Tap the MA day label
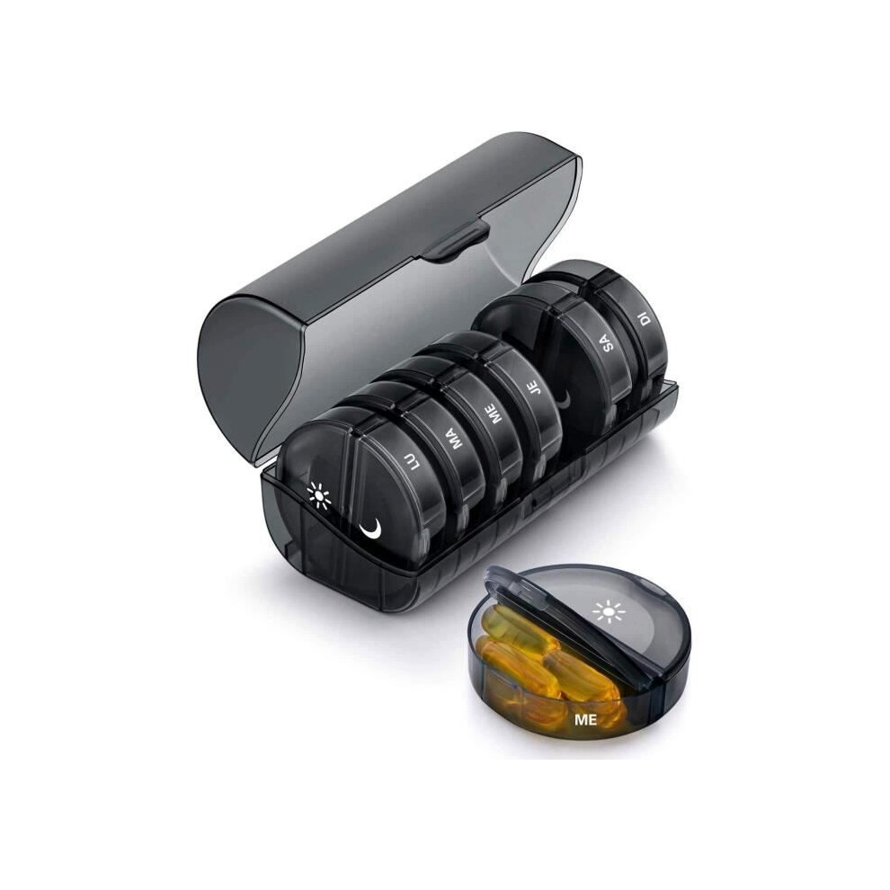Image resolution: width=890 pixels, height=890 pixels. click(x=457, y=437)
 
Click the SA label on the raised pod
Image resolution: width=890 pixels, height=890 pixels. click(x=609, y=343)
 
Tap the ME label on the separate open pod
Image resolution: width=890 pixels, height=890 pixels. click(x=586, y=720)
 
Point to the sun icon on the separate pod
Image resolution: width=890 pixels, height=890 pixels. click(x=608, y=611)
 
